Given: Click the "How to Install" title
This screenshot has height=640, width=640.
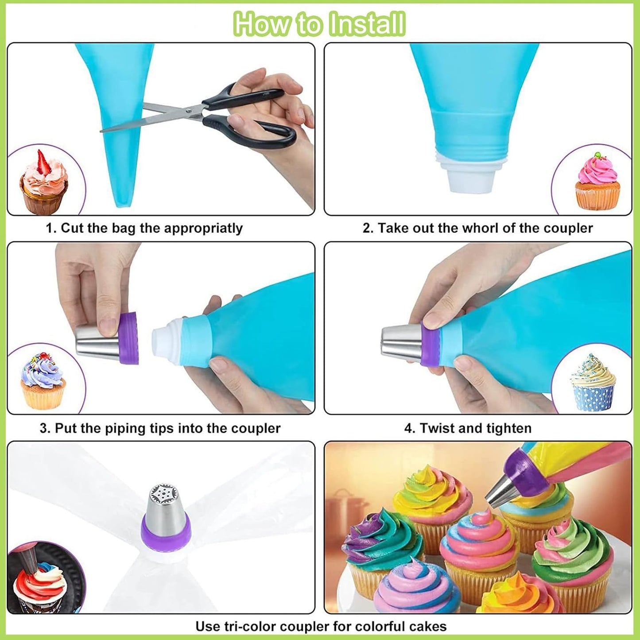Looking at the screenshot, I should [319, 24].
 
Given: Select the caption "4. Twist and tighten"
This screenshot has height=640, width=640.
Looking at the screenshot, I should [468, 428].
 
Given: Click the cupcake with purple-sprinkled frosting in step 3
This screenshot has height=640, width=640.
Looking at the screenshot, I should [43, 381].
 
